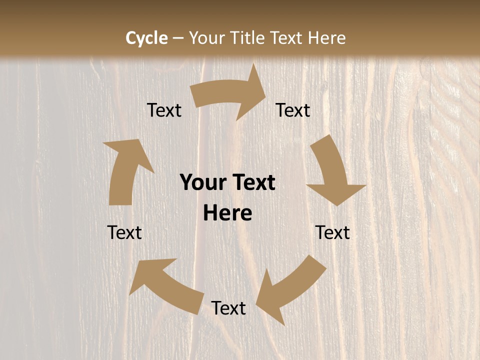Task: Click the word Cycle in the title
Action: pyautogui.click(x=146, y=38)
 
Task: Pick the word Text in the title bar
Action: pyautogui.click(x=287, y=38)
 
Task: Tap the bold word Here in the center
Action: pyautogui.click(x=227, y=213)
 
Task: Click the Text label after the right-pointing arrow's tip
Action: pyautogui.click(x=293, y=110)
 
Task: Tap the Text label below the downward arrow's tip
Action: pyautogui.click(x=332, y=232)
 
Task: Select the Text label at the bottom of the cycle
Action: pyautogui.click(x=228, y=308)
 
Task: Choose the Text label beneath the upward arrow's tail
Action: pyautogui.click(x=124, y=232)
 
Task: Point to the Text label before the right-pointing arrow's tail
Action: pyautogui.click(x=164, y=110)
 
